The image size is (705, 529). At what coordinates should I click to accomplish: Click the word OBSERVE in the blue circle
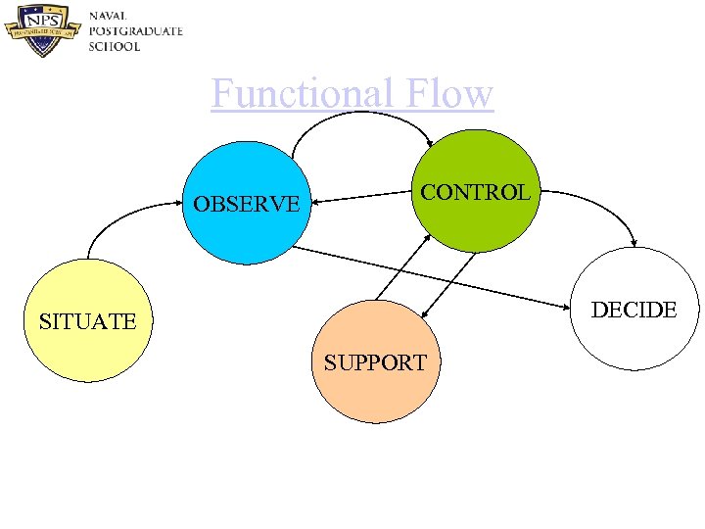[x=247, y=205]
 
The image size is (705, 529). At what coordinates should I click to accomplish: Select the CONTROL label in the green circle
[x=475, y=192]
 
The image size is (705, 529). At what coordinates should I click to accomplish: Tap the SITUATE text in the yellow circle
[x=87, y=320]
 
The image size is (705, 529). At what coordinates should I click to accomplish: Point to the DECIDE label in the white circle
[x=634, y=310]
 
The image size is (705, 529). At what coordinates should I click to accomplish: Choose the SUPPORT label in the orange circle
[x=375, y=362]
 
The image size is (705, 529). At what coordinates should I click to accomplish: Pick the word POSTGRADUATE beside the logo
[x=135, y=31]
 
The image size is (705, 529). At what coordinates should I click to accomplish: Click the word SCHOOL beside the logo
[x=115, y=46]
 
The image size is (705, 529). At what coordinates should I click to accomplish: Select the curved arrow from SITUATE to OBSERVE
[x=117, y=215]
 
